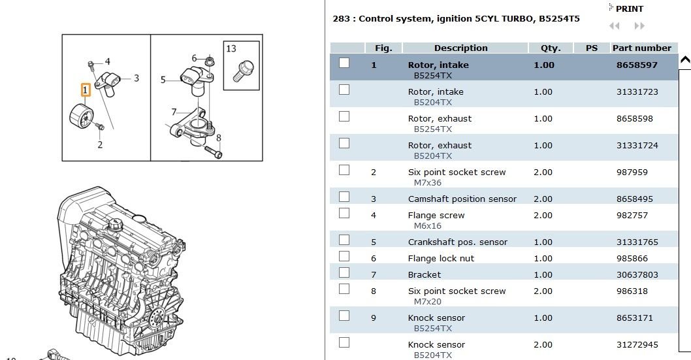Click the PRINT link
(629, 8)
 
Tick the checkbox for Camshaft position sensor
(344, 197)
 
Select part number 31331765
(637, 242)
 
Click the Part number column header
(641, 48)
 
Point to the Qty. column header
(551, 48)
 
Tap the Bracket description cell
(425, 274)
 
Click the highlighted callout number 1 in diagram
(86, 90)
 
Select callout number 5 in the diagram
(163, 80)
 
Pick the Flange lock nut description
(441, 258)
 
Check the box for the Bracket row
(344, 272)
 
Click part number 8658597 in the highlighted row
(637, 65)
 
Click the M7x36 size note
(428, 182)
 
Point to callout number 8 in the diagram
(219, 138)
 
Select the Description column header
(461, 48)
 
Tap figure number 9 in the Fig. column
(374, 318)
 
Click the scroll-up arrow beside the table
(685, 60)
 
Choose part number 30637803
(637, 274)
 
